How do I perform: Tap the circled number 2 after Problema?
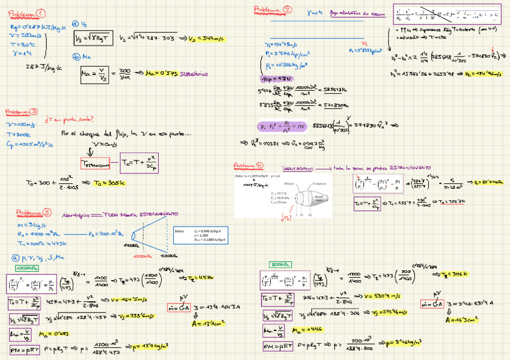click(x=287, y=10)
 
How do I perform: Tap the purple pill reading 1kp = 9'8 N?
click(x=274, y=79)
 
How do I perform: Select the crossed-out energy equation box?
click(x=447, y=11)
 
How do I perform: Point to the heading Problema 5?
click(x=34, y=212)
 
